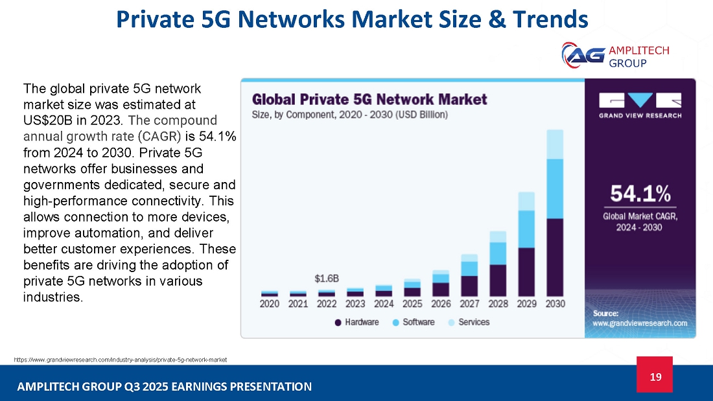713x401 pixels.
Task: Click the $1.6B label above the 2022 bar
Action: click(x=327, y=279)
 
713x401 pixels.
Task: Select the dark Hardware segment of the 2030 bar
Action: click(x=555, y=258)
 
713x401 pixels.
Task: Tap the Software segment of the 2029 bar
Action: click(x=526, y=229)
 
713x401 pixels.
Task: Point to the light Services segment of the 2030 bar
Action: click(x=555, y=144)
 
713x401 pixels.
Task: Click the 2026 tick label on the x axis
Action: click(x=441, y=304)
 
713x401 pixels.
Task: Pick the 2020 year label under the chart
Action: click(x=269, y=304)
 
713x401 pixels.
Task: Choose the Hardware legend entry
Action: click(x=357, y=323)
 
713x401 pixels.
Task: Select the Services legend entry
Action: click(x=469, y=323)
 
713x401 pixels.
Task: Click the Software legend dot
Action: click(x=395, y=323)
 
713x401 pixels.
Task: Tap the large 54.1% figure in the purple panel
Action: click(x=640, y=194)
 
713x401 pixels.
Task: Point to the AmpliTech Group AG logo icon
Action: click(x=583, y=56)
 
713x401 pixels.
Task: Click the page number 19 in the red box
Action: click(x=655, y=376)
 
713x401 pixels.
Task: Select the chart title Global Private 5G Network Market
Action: click(x=369, y=99)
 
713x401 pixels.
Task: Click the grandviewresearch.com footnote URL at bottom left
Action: click(x=121, y=360)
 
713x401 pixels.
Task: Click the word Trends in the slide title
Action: click(x=551, y=19)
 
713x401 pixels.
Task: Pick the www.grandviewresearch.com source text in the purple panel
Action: click(x=640, y=323)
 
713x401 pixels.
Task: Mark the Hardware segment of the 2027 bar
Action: click(x=469, y=286)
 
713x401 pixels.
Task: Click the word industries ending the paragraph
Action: click(x=53, y=297)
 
